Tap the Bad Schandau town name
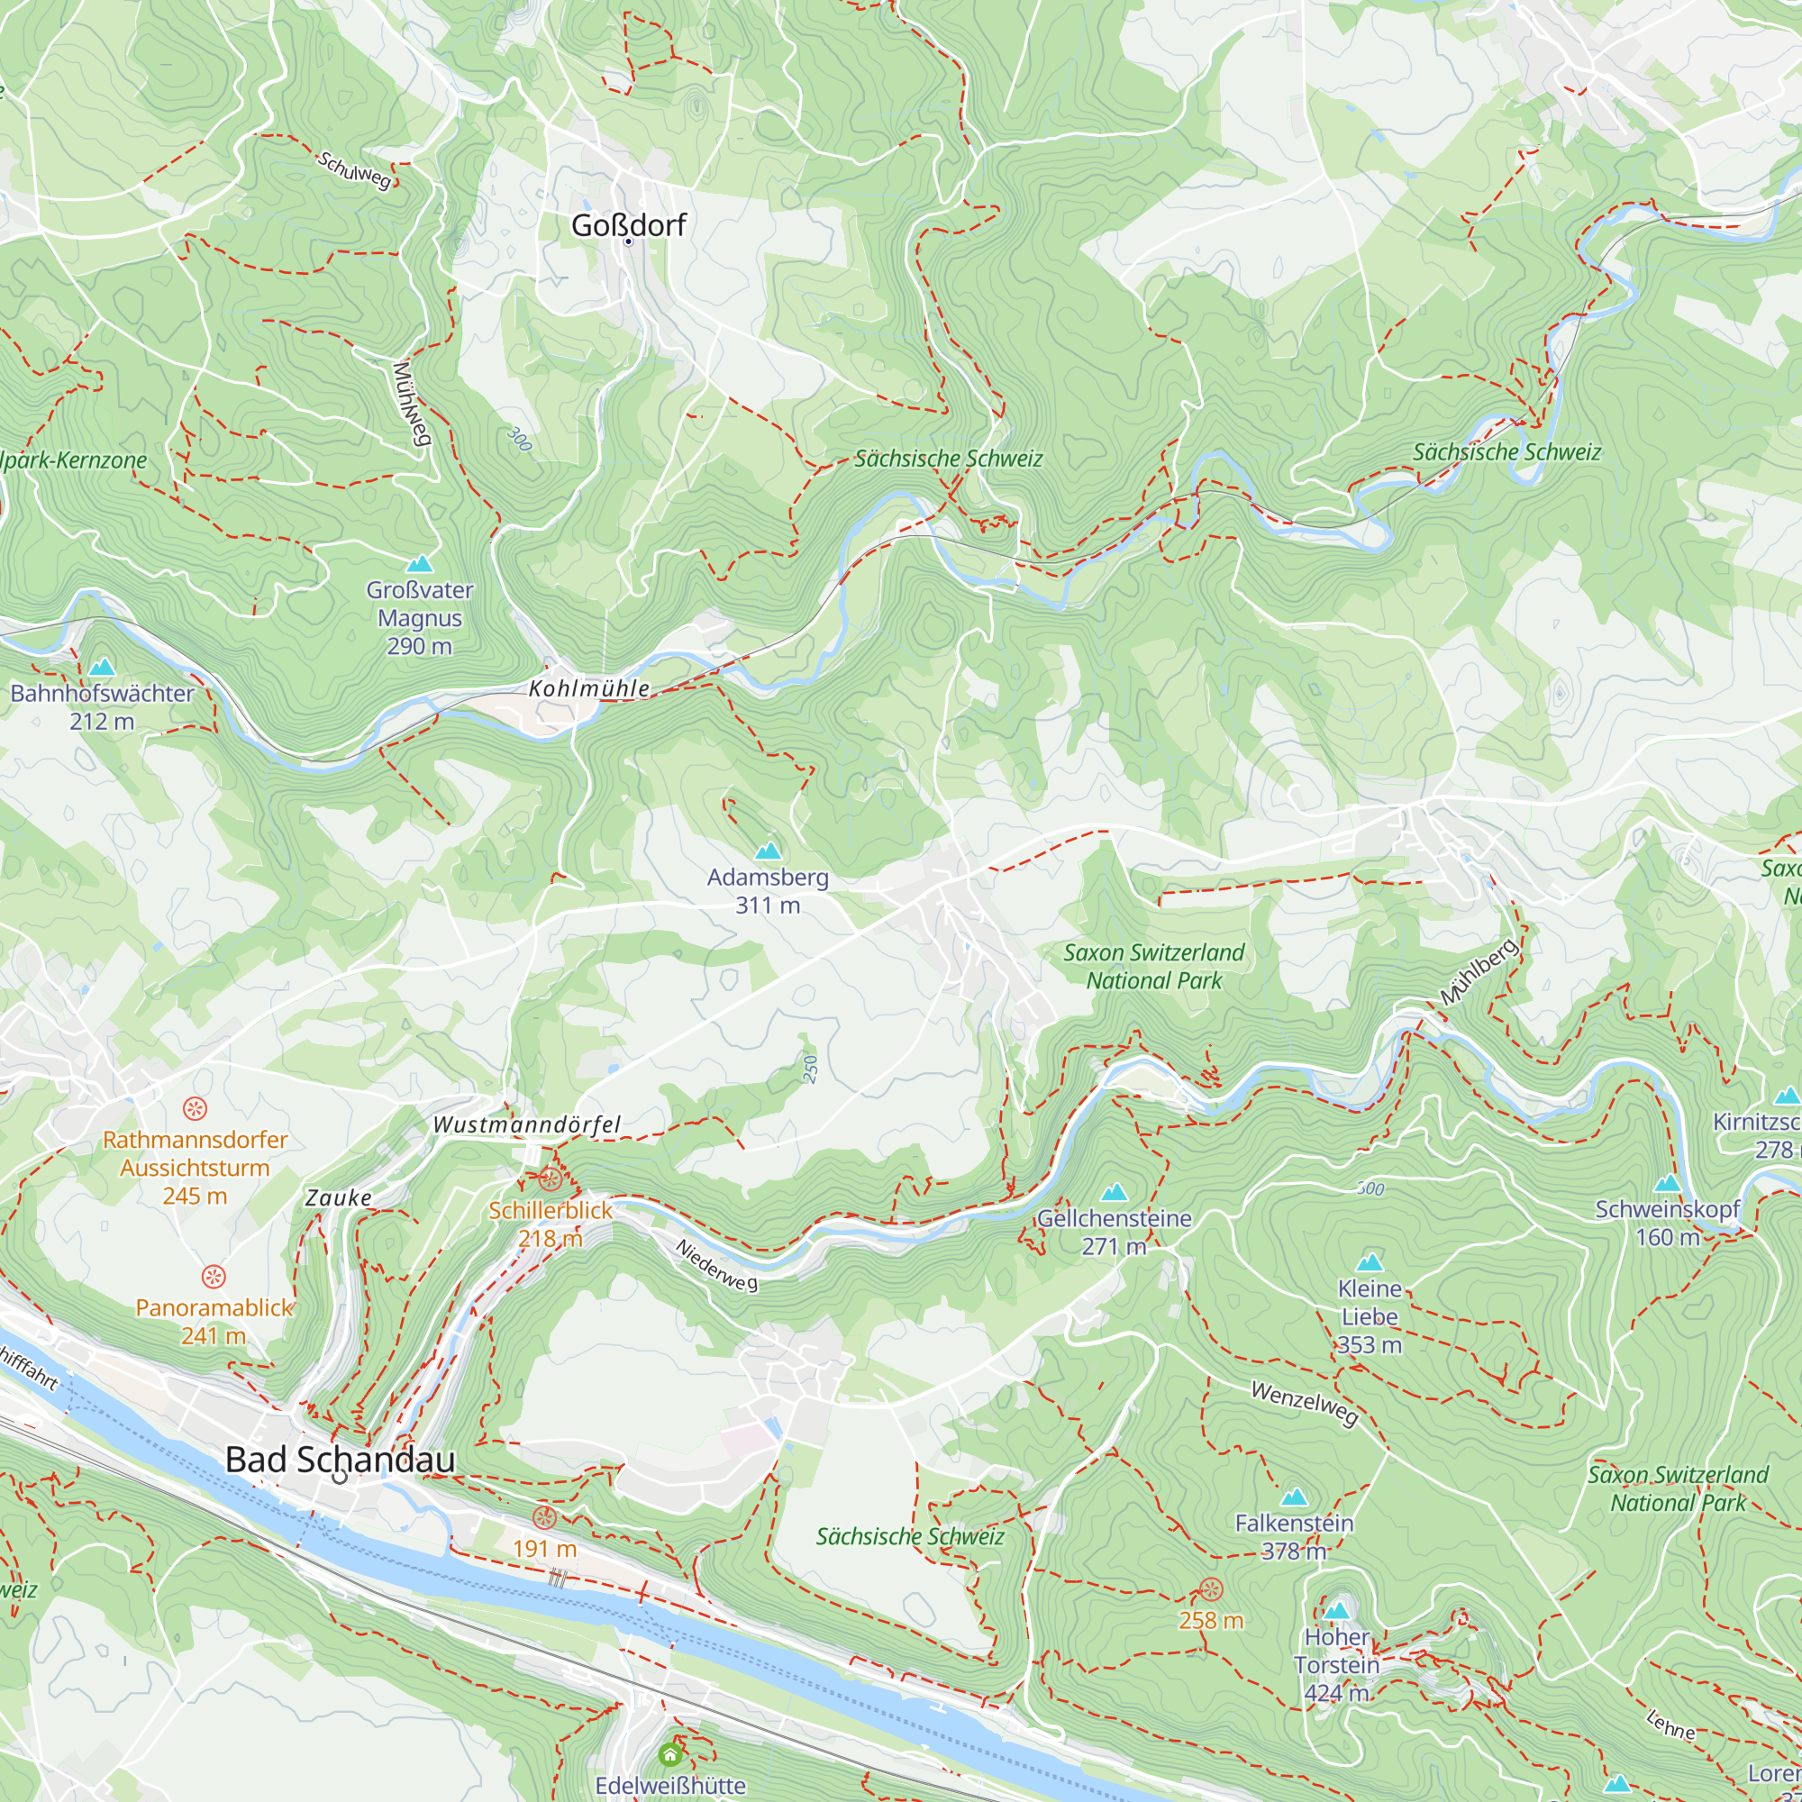341,1460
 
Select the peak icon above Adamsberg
768,851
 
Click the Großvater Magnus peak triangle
420,563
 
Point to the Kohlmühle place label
588,688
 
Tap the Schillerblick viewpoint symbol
551,1179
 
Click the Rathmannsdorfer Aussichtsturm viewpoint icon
194,1108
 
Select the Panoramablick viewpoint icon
214,1277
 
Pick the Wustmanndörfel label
526,1124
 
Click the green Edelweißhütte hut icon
669,1754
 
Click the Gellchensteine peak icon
1114,1192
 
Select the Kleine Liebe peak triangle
1370,1263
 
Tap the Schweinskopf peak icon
1667,1184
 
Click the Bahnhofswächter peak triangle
102,667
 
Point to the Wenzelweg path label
1304,1404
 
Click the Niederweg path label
716,1266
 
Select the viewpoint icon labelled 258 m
1210,1589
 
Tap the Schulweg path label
354,169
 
